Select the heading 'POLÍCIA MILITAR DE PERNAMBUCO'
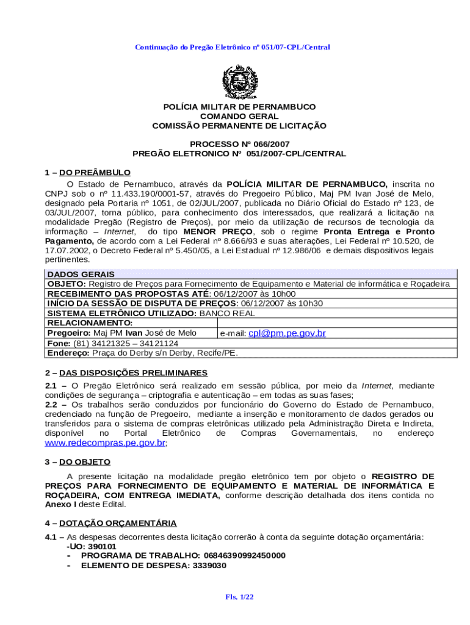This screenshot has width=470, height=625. point(239,107)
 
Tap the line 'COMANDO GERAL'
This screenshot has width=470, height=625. point(239,117)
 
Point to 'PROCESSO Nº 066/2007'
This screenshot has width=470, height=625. point(239,144)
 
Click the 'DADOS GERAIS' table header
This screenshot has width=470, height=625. point(81,275)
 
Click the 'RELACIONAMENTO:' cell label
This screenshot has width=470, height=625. point(90,323)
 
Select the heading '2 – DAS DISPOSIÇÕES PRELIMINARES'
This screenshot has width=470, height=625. point(126,373)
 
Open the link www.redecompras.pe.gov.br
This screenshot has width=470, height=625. point(105,443)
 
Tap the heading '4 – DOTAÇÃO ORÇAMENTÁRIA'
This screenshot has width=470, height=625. point(110,523)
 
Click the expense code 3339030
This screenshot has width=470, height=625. point(205,565)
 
